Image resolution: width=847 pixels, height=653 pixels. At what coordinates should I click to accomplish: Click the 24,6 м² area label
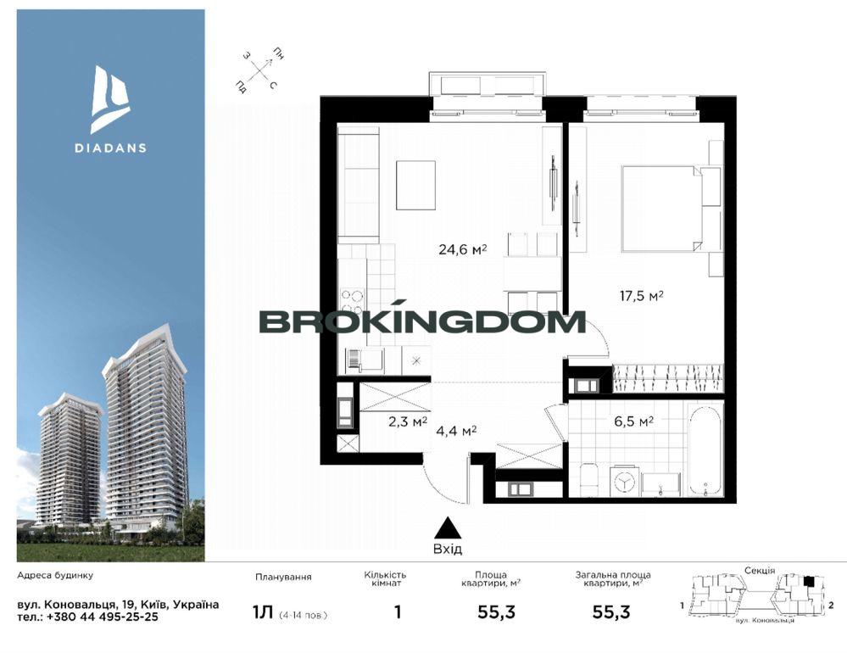click(x=463, y=249)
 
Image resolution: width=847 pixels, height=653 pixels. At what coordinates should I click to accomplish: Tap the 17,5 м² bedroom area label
click(x=641, y=296)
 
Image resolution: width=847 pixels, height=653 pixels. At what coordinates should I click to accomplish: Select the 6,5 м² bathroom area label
click(x=633, y=421)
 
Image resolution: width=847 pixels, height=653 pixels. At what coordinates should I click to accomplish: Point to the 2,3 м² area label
click(x=409, y=421)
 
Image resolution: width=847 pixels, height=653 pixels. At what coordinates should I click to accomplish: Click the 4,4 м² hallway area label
click(x=456, y=431)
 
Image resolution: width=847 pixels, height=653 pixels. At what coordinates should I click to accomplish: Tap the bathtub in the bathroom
click(x=705, y=450)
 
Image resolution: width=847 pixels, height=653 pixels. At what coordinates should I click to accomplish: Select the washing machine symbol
click(x=625, y=481)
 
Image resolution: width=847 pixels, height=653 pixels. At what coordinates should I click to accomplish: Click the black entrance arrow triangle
click(x=448, y=527)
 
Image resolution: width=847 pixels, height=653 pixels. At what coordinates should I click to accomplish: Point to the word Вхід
click(x=448, y=550)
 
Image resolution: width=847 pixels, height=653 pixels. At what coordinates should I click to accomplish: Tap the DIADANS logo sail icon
click(x=110, y=99)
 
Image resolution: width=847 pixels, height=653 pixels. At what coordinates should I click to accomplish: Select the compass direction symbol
click(x=261, y=70)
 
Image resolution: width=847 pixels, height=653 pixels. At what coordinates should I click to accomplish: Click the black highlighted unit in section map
click(x=808, y=581)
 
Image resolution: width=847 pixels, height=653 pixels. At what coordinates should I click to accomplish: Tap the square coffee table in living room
click(x=415, y=185)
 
